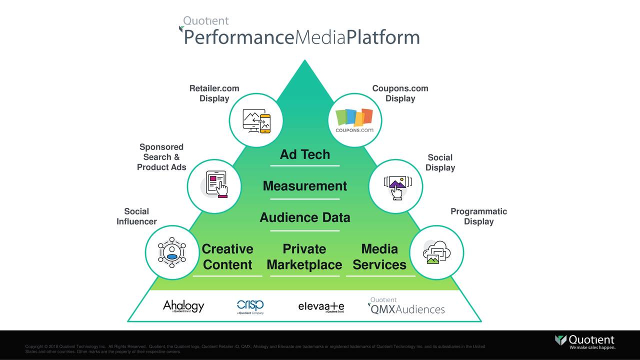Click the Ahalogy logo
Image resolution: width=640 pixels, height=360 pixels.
coord(183,306)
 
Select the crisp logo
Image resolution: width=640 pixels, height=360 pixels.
coord(250,306)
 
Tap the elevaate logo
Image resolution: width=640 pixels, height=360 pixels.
coord(321,306)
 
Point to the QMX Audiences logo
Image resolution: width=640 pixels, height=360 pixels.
coord(407,306)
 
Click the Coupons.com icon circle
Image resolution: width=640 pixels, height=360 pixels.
coord(355,120)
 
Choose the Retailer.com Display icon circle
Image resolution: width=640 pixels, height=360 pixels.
coord(256,120)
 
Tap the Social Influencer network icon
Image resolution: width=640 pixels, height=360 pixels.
coord(172,252)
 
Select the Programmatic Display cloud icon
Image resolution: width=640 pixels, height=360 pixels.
coord(436,252)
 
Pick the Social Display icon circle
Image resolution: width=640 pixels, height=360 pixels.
coord(395,186)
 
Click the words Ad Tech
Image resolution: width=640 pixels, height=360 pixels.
coord(304,154)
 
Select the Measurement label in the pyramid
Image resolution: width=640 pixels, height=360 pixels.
coord(304,186)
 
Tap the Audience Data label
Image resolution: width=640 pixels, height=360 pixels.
coord(304,217)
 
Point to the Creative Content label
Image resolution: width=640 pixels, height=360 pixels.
coord(227,257)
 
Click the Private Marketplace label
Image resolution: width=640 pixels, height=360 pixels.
coord(304,257)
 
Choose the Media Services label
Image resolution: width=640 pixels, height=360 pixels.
coord(379,257)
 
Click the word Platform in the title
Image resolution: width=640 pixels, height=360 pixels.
coord(383,37)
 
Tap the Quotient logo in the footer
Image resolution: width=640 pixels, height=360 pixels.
coord(585,341)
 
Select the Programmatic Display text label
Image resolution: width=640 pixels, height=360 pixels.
coord(478,216)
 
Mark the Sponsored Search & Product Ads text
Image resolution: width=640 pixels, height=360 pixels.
coord(161,157)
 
